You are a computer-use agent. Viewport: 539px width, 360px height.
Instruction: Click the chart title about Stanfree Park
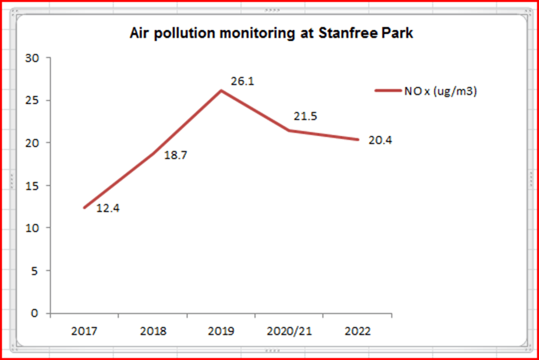pos(271,33)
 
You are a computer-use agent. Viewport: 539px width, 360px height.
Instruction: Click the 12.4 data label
pos(108,208)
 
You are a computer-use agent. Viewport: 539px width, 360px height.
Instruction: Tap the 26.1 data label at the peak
pos(242,82)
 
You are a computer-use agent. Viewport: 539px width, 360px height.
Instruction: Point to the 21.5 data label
pos(305,117)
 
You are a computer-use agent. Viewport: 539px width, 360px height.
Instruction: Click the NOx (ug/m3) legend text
pos(441,91)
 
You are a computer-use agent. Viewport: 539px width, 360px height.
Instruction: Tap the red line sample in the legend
pos(387,91)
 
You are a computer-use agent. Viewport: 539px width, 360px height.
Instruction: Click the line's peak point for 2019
pos(221,90)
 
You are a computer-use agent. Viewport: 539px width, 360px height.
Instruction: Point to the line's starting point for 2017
pos(85,207)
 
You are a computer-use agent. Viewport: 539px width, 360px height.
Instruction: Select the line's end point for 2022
pos(357,139)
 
